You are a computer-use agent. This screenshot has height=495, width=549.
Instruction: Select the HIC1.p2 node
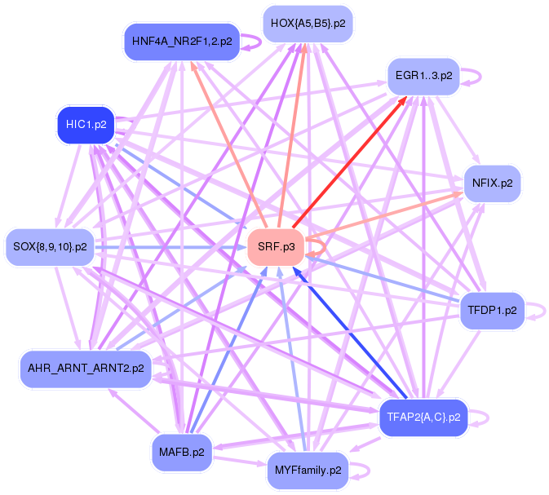tap(85, 125)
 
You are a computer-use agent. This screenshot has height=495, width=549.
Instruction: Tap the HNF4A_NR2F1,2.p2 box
tap(181, 40)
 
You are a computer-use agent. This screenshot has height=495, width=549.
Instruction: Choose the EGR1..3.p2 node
tap(423, 76)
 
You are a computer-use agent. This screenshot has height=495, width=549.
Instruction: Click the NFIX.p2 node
tap(492, 183)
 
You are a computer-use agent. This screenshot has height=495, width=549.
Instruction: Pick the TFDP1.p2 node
tap(492, 310)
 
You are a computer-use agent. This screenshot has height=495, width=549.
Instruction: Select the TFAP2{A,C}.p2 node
tap(423, 417)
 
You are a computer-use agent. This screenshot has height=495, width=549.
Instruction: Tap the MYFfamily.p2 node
tap(308, 471)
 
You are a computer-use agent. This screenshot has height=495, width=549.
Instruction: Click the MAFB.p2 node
tap(182, 451)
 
